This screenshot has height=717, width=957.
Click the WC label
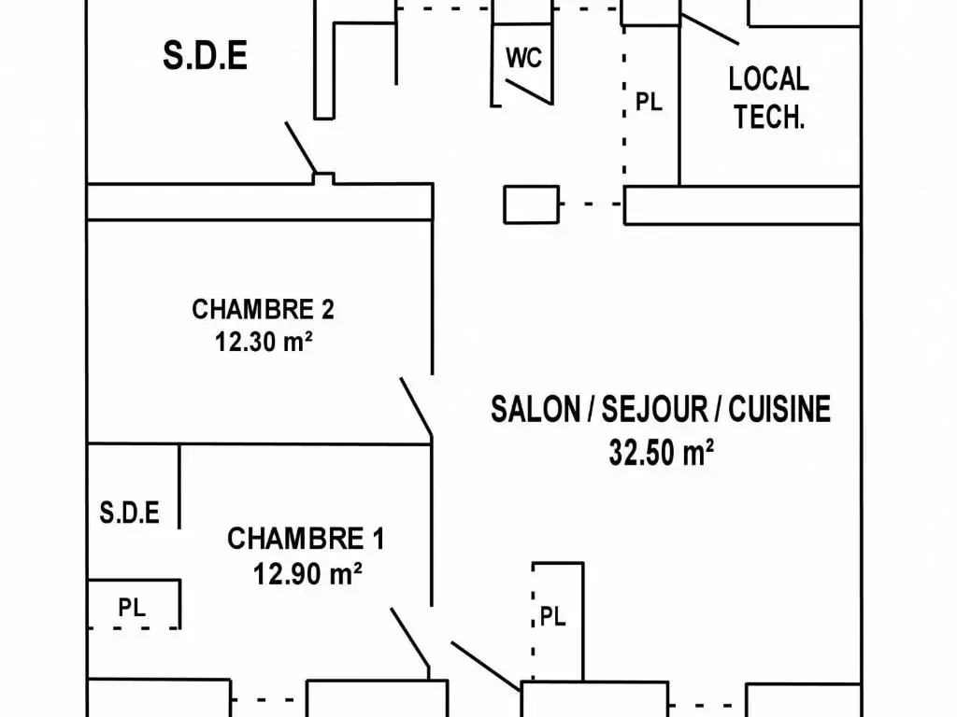point(524,58)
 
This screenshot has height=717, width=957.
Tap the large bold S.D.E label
point(205,56)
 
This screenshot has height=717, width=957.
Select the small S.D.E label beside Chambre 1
point(129,513)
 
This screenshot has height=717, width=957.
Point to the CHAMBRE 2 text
point(263,309)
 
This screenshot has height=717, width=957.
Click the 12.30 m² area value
point(263,342)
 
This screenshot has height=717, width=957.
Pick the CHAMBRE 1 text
point(306,539)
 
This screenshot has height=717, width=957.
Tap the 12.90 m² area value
point(307,572)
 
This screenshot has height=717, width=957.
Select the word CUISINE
point(779,410)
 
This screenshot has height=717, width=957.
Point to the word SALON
point(536,410)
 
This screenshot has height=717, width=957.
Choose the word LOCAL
point(768,78)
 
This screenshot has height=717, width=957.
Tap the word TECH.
point(768,118)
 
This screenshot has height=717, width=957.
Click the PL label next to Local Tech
point(649,102)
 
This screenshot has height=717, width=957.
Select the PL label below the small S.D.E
point(132,607)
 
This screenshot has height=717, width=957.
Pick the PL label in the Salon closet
point(553,617)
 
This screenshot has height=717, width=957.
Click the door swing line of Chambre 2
point(416,407)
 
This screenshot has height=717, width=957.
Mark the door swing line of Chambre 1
point(409,638)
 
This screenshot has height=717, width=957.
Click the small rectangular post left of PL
point(532,204)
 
